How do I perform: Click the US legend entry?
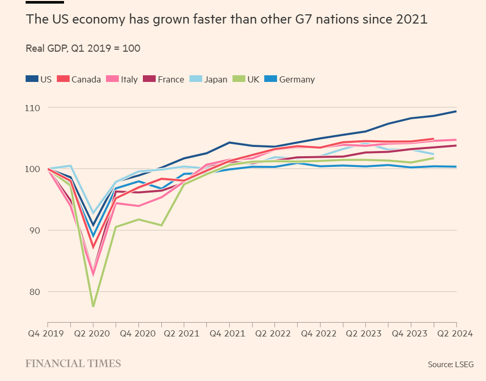tap(39, 79)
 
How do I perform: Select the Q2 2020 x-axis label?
tap(93, 333)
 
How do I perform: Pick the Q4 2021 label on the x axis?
tap(229, 333)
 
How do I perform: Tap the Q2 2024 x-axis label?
tap(456, 333)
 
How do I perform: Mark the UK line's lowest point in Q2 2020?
tap(93, 306)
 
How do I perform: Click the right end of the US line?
tap(456, 111)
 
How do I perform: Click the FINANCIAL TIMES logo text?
tap(73, 364)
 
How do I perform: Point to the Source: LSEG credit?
tap(451, 364)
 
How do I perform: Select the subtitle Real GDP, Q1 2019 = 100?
tap(83, 49)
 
